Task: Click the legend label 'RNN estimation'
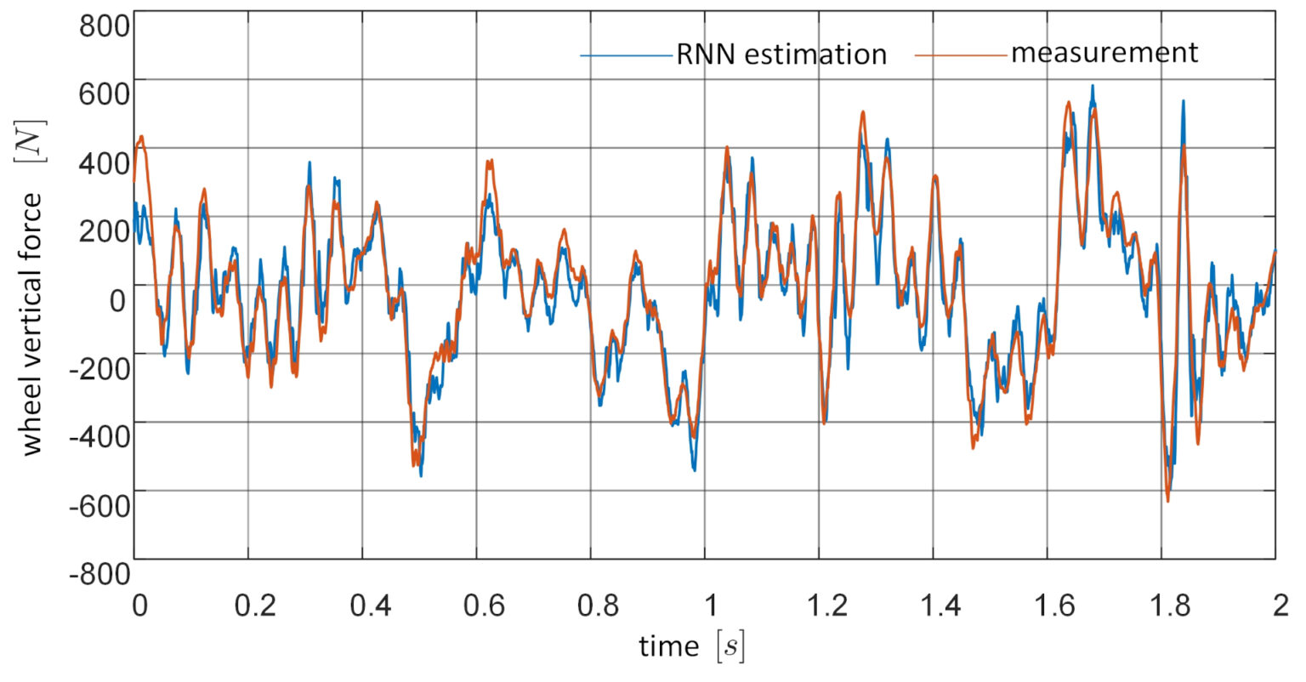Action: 781,55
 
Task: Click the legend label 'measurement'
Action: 1104,53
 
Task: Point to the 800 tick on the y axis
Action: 104,26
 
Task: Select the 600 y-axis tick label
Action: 104,94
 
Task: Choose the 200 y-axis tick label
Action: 104,231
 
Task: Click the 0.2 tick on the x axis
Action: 247,605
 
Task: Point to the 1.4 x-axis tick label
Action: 934,605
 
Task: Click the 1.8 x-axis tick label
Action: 1162,605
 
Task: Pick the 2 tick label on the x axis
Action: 1276,605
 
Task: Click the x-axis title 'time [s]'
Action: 690,647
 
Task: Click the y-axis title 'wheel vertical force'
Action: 32,323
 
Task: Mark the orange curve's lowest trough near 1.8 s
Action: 1167,501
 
